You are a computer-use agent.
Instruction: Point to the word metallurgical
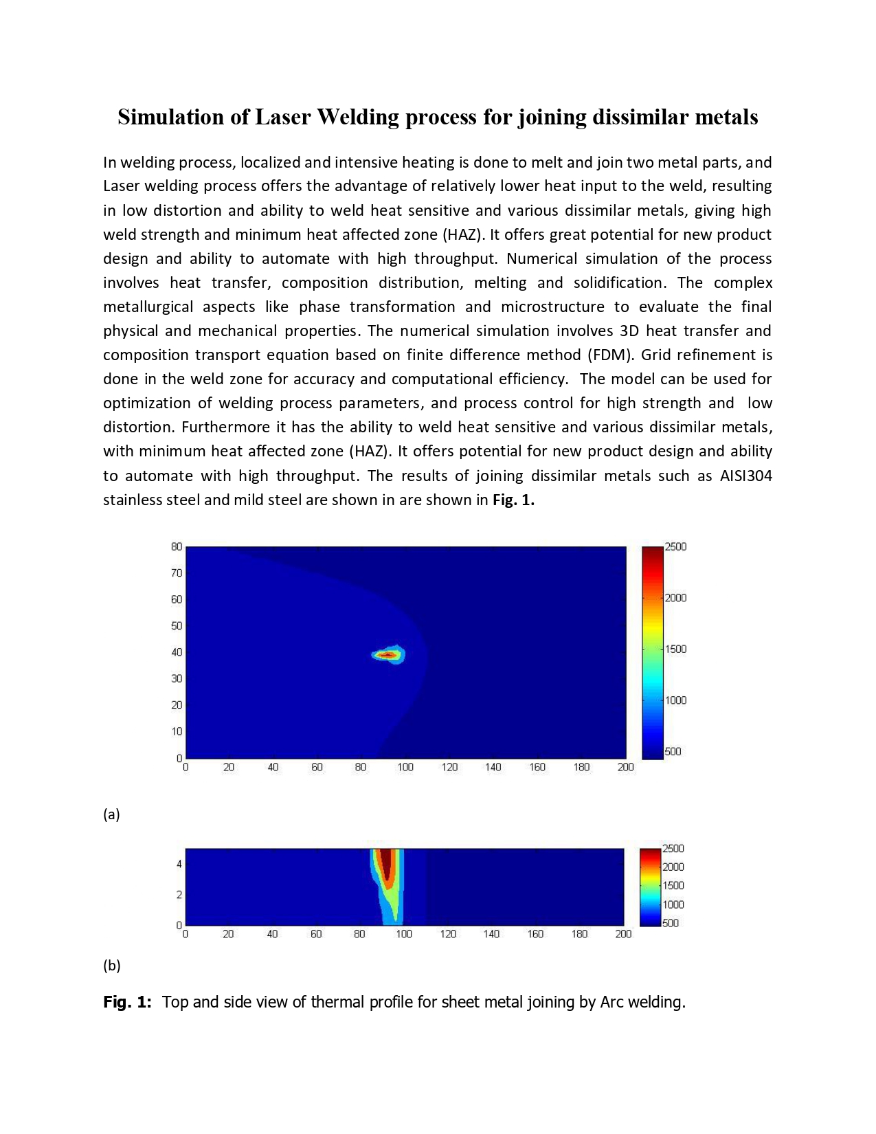(x=148, y=307)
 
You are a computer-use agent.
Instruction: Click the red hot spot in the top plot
(x=388, y=655)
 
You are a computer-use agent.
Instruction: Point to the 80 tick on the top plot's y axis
(x=177, y=547)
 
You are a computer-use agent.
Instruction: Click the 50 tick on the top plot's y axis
(x=177, y=625)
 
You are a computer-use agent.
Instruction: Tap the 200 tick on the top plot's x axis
(x=625, y=767)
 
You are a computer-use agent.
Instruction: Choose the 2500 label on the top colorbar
(x=675, y=547)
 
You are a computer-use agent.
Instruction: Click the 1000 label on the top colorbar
(x=675, y=700)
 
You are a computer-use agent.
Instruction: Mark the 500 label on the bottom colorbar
(x=671, y=923)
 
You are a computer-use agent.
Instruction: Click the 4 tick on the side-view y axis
(x=179, y=864)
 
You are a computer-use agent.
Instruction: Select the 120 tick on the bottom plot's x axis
(x=448, y=934)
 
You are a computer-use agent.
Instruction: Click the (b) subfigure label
(x=112, y=966)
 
